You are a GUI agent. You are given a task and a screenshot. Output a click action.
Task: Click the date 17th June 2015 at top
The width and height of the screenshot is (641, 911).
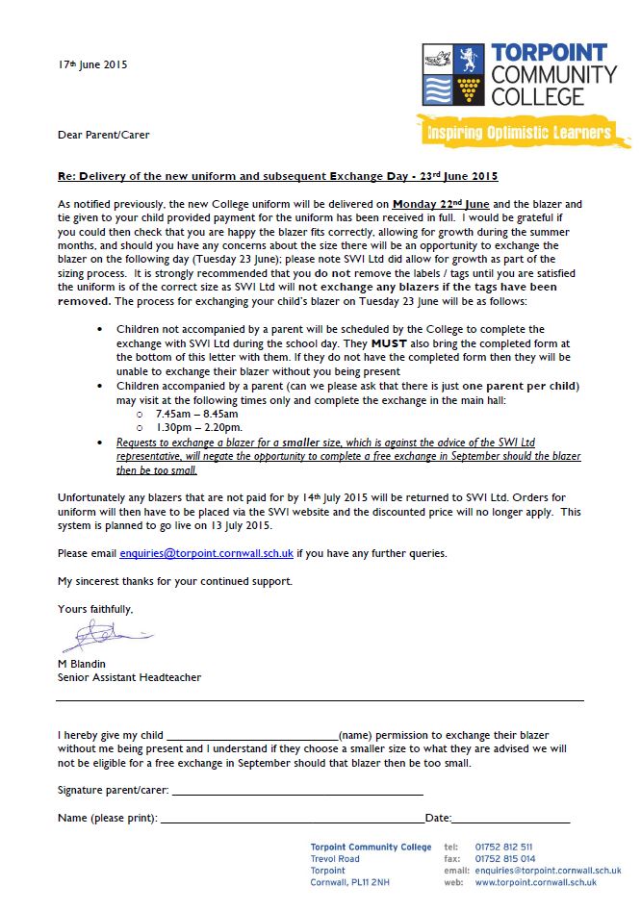click(92, 65)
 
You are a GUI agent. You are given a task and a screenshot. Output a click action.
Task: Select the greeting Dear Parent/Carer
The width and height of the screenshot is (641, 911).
click(103, 135)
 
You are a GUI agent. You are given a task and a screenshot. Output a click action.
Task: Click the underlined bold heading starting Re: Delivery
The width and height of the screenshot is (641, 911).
click(278, 177)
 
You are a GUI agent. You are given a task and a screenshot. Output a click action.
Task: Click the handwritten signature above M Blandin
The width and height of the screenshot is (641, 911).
click(97, 635)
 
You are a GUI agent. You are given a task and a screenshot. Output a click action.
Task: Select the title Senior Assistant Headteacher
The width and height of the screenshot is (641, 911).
click(129, 677)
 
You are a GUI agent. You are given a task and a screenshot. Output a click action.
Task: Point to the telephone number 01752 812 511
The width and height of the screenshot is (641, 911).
click(504, 848)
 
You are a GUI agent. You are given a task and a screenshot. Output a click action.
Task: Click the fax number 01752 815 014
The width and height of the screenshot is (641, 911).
click(505, 859)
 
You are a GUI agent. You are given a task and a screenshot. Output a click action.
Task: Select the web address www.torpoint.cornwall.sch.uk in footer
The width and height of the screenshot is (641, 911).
click(535, 882)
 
